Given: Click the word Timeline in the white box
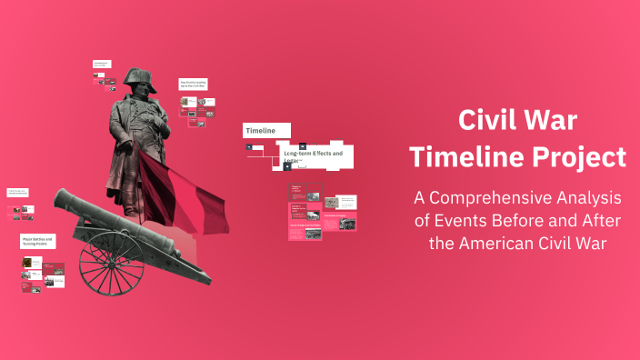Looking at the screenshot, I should point(260,131).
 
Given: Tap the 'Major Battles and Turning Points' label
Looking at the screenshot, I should point(37,242).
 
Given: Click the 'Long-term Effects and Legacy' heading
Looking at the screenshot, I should point(313,155).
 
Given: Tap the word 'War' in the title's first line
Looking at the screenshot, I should point(554,120).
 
